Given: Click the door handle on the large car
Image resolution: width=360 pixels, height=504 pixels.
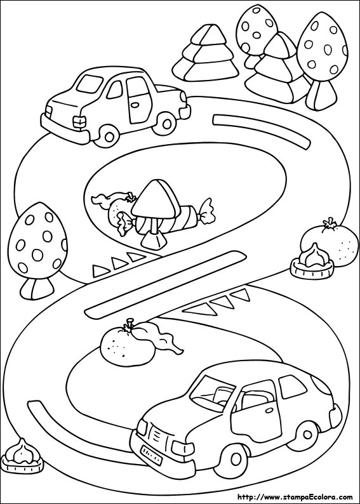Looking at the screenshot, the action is coord(268,411).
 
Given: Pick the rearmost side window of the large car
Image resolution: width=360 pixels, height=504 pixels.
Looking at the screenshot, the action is coord(292,387).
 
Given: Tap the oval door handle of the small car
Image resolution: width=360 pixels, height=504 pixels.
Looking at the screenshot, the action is coord(135,105).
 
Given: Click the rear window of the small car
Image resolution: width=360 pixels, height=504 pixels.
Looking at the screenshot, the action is coord(90,84).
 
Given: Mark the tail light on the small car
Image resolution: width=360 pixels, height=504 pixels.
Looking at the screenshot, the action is coord(79,121).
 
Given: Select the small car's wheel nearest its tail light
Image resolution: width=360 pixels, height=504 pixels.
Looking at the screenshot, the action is coord(109,135).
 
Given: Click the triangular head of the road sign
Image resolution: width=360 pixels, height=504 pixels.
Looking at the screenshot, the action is coord(153,199).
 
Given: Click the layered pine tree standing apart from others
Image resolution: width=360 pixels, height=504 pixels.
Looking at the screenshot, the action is coord(205,54).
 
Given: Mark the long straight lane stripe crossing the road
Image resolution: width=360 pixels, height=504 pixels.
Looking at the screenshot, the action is coord(166,284).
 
